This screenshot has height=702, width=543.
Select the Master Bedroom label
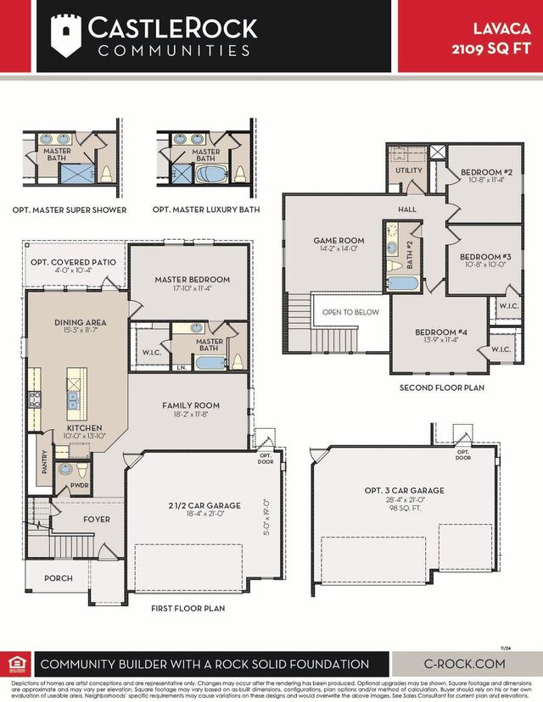(192, 280)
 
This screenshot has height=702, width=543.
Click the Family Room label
(191, 406)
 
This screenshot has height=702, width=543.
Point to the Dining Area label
(80, 322)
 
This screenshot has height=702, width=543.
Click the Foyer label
(96, 519)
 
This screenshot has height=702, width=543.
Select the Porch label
(59, 578)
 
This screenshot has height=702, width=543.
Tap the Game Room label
(339, 241)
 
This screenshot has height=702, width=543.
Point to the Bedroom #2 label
(483, 172)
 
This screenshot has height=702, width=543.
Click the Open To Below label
(350, 312)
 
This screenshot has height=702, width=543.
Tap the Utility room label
(408, 170)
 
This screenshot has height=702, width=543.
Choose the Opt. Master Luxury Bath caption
(206, 209)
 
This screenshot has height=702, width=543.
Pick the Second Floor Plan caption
(442, 387)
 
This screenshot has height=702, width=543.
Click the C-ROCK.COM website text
(463, 664)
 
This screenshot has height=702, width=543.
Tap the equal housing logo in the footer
(16, 664)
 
